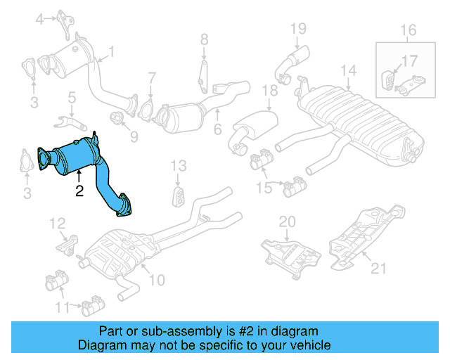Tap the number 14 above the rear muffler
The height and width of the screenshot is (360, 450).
[349, 70]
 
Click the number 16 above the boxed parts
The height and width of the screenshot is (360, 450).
[409, 30]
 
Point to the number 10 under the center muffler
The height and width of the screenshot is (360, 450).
[156, 280]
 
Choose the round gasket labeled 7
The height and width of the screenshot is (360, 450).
[148, 109]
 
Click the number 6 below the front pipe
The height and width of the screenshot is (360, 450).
[218, 129]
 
